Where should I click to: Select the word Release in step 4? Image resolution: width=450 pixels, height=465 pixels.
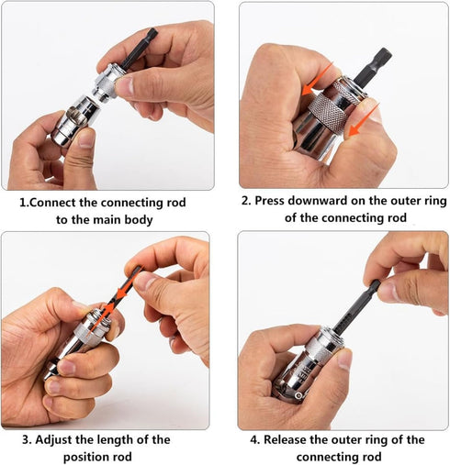tap(290, 439)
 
